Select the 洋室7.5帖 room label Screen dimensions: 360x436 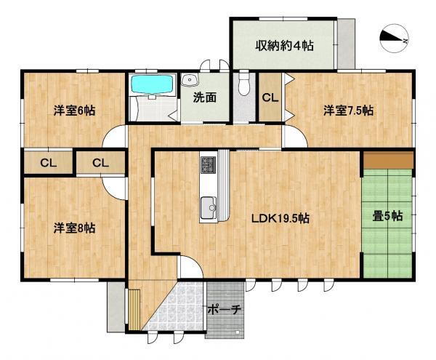pyautogui.click(x=348, y=111)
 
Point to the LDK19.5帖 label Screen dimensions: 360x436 pyautogui.click(x=281, y=218)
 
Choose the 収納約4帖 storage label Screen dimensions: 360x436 pyautogui.click(x=284, y=46)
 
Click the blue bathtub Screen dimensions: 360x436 pyautogui.click(x=152, y=85)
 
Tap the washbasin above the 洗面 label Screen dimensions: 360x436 pyautogui.click(x=190, y=80)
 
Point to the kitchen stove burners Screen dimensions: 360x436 pyautogui.click(x=208, y=164)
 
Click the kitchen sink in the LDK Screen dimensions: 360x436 pyautogui.click(x=207, y=207)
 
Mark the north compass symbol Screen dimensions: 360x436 pyautogui.click(x=393, y=38)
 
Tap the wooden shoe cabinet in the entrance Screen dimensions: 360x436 pyautogui.click(x=134, y=308)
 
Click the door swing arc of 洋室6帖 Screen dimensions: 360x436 pyautogui.click(x=115, y=136)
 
